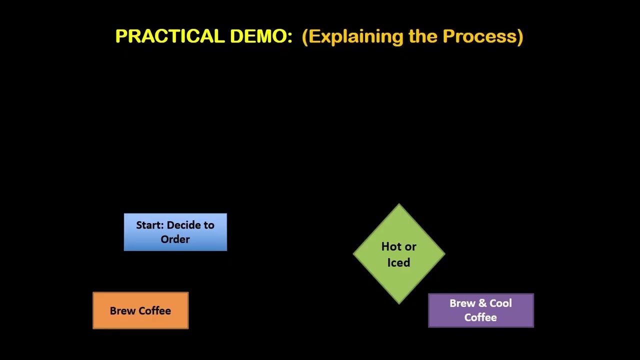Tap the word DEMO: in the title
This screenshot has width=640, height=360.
pos(261,36)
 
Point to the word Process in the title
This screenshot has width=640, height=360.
pos(482,36)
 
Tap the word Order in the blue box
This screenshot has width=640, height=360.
pos(175,239)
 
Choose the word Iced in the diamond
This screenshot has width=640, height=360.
pos(398,262)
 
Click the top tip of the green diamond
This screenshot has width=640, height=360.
pos(399,205)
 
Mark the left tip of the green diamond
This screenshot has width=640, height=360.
pos(354,254)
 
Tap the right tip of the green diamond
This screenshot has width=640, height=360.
pos(444,254)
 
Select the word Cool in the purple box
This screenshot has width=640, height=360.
pos(500,303)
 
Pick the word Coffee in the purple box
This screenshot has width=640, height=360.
pos(480,317)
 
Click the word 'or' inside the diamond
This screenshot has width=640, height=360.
pos(410,246)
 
